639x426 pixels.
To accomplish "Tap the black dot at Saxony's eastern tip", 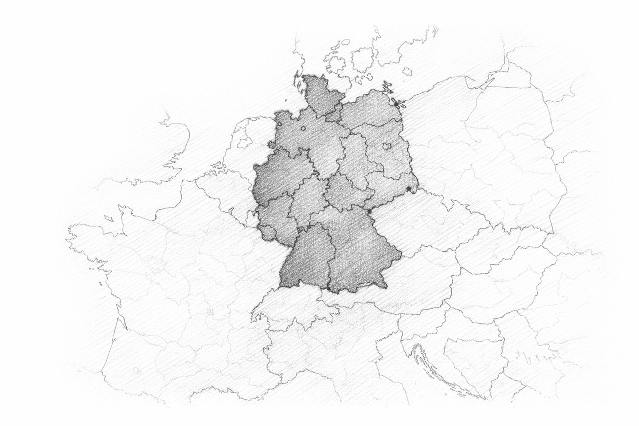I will pyautogui.click(x=409, y=189).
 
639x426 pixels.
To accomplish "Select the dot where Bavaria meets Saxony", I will pyautogui.click(x=369, y=212).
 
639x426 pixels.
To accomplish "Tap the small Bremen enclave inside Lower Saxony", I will pyautogui.click(x=303, y=128).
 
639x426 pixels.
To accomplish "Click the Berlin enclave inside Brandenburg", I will pyautogui.click(x=386, y=146).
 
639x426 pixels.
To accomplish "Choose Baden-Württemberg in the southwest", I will pyautogui.click(x=304, y=258).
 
